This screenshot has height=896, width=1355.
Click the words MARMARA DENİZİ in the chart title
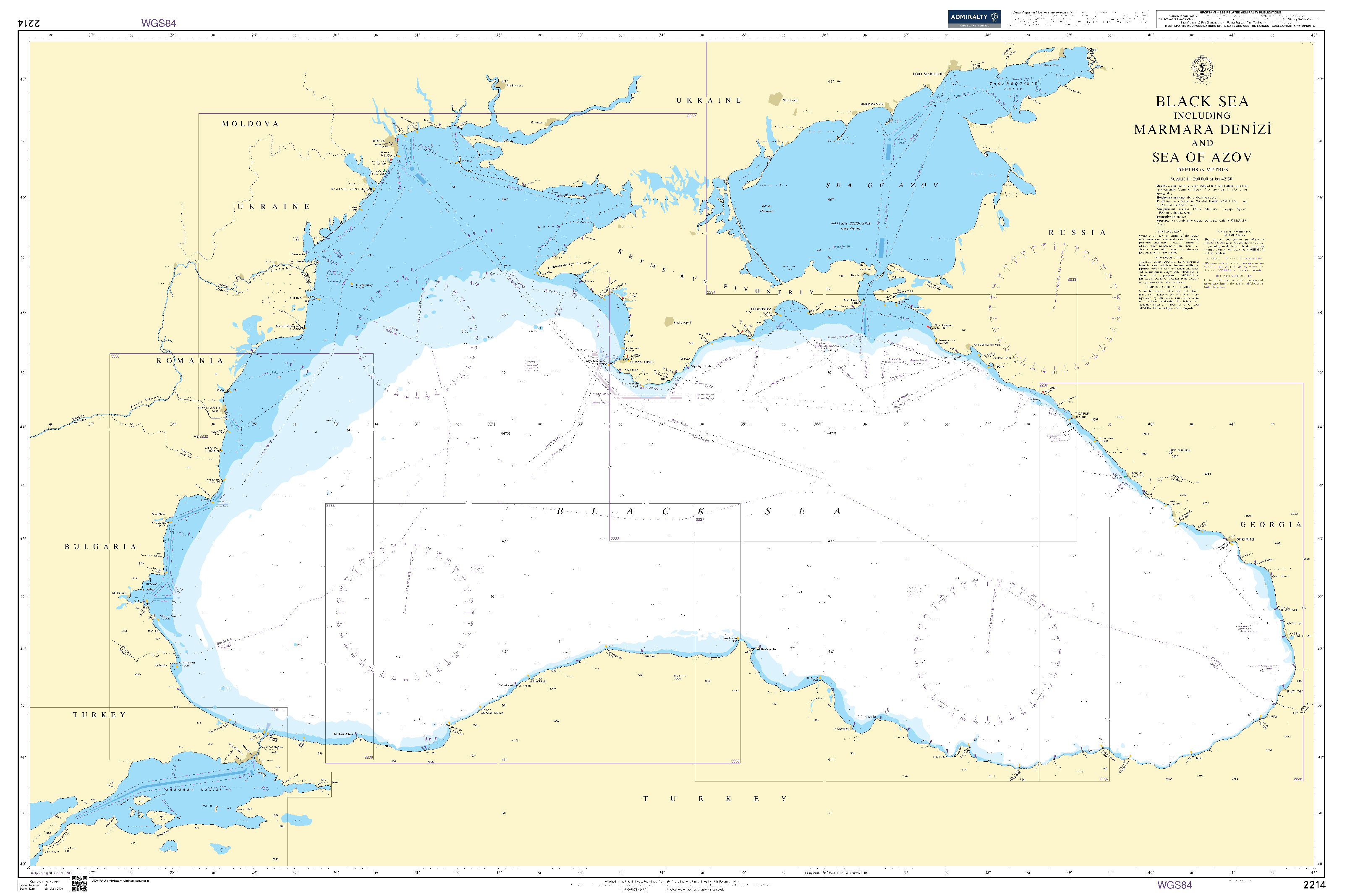point(1202,130)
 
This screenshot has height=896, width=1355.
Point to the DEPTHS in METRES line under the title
point(1202,170)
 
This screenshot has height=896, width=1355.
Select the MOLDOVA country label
point(250,124)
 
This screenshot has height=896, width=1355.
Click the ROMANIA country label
point(190,360)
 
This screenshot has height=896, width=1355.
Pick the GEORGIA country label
point(1271,525)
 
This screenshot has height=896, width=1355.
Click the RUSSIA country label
point(1077,232)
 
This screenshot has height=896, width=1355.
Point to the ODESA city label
point(378,141)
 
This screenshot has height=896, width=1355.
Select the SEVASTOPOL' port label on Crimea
point(641,362)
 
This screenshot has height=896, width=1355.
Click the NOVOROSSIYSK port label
point(987,345)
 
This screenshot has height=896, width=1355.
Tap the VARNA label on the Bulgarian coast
point(158,514)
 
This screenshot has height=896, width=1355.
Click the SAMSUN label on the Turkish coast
point(842,729)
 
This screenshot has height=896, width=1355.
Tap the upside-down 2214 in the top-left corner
point(29,23)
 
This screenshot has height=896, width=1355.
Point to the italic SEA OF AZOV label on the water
point(882,185)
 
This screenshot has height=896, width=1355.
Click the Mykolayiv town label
point(514,86)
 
